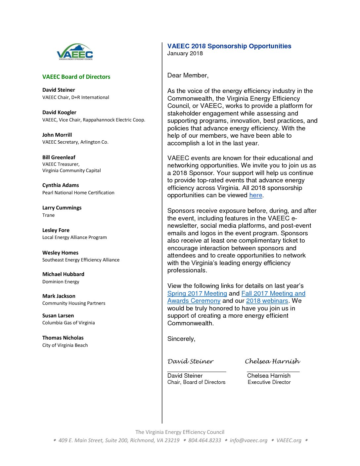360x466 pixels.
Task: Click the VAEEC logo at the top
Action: point(75,52)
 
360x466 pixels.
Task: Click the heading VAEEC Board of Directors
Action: point(76,77)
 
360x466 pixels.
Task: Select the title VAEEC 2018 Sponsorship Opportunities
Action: point(229,46)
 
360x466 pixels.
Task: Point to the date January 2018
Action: point(185,54)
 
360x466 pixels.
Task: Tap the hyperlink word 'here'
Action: point(255,195)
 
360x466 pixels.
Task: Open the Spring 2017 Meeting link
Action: point(197,294)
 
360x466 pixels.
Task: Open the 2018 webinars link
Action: point(267,301)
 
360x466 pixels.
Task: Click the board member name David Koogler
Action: point(59,113)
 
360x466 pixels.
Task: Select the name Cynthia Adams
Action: point(61,185)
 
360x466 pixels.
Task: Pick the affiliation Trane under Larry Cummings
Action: point(48,215)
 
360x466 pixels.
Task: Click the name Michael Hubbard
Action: point(63,274)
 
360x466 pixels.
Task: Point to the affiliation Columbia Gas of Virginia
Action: point(68,323)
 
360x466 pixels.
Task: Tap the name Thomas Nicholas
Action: point(63,338)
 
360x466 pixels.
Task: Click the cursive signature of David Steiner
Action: point(190,361)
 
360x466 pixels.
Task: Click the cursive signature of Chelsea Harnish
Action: point(272,361)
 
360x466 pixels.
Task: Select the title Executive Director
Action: point(269,382)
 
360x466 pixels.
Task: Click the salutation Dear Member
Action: point(188,75)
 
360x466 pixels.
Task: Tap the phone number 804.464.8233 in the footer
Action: point(204,441)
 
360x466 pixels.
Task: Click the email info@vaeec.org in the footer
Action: point(248,441)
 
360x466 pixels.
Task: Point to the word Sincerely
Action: point(181,339)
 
